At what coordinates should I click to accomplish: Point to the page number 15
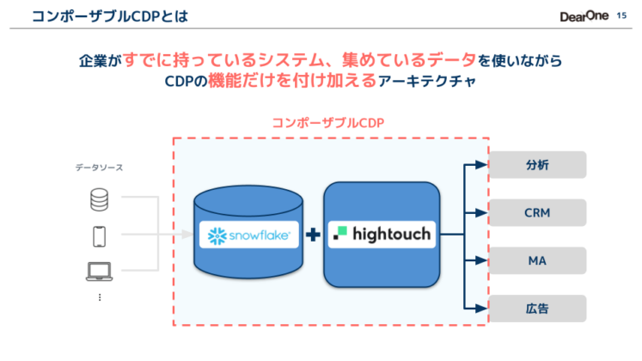[622, 15]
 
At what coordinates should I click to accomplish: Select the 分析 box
[537, 165]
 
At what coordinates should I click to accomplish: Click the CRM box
[537, 212]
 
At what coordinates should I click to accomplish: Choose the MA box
[537, 260]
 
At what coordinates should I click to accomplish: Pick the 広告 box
[537, 308]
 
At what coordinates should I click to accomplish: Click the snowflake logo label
[249, 234]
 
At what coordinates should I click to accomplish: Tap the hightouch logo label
[382, 234]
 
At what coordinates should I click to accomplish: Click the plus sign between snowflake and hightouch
[313, 235]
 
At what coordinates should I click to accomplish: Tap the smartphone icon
[100, 236]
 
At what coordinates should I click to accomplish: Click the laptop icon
[100, 272]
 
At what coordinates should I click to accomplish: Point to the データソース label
[98, 168]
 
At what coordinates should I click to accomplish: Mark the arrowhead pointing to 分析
[481, 165]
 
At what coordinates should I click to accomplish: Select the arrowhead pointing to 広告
[481, 308]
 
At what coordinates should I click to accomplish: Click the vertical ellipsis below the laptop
[100, 297]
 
